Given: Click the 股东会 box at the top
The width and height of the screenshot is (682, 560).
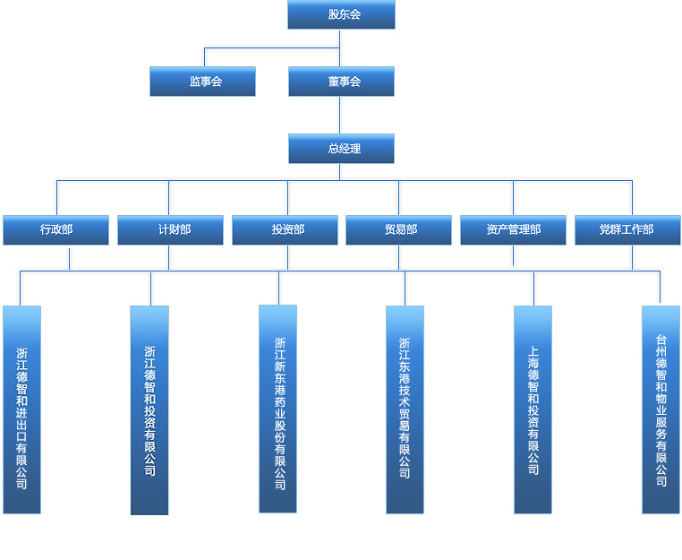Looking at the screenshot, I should point(341,14).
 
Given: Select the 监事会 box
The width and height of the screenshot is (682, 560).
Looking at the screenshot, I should point(202,82).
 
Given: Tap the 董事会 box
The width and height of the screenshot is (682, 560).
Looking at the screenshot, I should point(341,82).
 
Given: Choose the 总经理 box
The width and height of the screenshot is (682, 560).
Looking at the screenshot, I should point(341,149).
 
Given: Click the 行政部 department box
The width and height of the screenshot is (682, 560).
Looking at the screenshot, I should point(55,230).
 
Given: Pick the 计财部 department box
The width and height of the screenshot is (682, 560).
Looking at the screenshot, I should point(170,230).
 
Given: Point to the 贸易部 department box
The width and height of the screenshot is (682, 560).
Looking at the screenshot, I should point(398,230).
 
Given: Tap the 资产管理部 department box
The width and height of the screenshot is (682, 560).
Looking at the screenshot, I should point(513,230).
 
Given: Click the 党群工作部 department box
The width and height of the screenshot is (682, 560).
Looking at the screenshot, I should point(627,230).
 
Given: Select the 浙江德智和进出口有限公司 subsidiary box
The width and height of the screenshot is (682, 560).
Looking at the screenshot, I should point(21,409).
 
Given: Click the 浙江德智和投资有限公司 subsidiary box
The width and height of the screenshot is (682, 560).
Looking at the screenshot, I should point(149,409).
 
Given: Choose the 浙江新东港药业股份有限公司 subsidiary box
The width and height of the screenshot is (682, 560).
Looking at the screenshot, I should point(277,409).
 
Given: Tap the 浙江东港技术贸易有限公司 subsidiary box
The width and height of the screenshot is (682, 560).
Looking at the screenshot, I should point(405,409).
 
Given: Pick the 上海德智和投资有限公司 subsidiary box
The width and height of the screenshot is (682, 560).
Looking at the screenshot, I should point(533,409).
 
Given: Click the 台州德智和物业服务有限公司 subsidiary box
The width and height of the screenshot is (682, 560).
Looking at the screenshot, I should point(661,409).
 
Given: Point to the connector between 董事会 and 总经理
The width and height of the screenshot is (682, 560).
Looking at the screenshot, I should point(339,115).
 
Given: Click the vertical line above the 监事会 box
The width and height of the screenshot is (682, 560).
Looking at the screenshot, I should point(204,56).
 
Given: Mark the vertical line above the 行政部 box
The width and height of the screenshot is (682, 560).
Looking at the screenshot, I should point(56,197).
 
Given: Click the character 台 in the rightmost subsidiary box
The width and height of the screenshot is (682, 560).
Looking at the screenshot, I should point(661,340).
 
